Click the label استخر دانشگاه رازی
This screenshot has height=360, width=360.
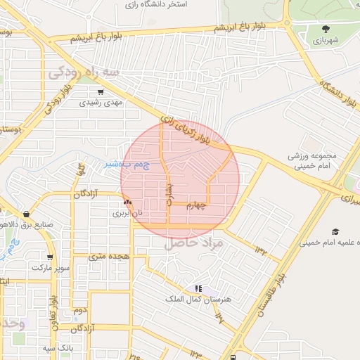coord(155,4)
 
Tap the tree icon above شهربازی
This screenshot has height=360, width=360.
coord(326,30)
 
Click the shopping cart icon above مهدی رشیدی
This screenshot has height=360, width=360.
coord(101,91)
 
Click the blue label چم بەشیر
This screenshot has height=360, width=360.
coord(127,165)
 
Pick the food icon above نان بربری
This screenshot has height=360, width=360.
coord(127,202)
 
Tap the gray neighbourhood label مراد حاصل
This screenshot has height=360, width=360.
coord(193,243)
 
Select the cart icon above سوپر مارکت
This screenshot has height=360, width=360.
coord(50,257)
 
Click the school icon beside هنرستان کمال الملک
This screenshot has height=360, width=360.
coord(198,288)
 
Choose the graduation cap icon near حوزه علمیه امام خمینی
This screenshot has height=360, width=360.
coord(335,231)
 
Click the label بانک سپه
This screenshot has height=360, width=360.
coord(58,348)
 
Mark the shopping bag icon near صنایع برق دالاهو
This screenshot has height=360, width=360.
coord(26,214)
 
